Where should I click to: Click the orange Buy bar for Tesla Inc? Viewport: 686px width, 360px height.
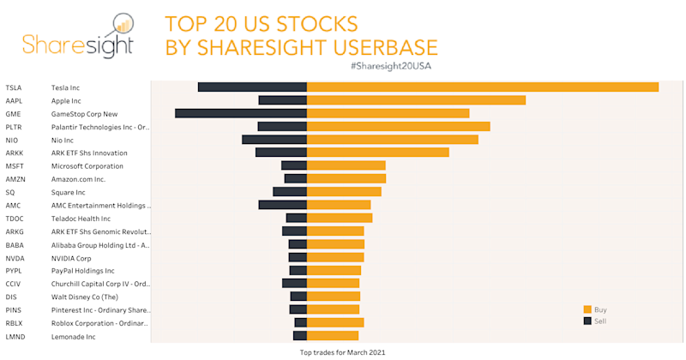[x=482, y=87]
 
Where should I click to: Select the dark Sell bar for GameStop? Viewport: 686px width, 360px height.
[x=241, y=113]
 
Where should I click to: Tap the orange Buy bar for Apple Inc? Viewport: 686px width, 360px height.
[x=416, y=100]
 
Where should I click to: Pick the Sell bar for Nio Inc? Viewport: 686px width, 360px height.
[x=274, y=139]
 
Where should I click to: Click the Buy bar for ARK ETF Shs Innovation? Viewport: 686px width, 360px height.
[x=377, y=153]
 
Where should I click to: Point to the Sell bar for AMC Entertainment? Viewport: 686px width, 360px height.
[x=283, y=205]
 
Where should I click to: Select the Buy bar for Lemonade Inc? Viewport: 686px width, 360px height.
[x=333, y=336]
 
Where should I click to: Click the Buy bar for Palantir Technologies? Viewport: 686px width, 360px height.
[x=398, y=126]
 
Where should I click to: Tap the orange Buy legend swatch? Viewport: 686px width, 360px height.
[x=587, y=309]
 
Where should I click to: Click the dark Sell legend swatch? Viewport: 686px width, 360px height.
[x=587, y=321]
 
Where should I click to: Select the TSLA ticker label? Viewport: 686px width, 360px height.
[x=14, y=87]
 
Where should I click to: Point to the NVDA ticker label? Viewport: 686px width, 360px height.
[x=15, y=257]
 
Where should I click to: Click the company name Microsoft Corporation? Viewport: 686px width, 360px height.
[x=87, y=165]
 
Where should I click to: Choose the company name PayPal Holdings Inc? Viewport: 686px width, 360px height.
[x=83, y=270]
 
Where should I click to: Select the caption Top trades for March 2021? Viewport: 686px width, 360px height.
[x=343, y=351]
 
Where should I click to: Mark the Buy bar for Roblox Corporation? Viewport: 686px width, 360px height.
[x=335, y=322]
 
